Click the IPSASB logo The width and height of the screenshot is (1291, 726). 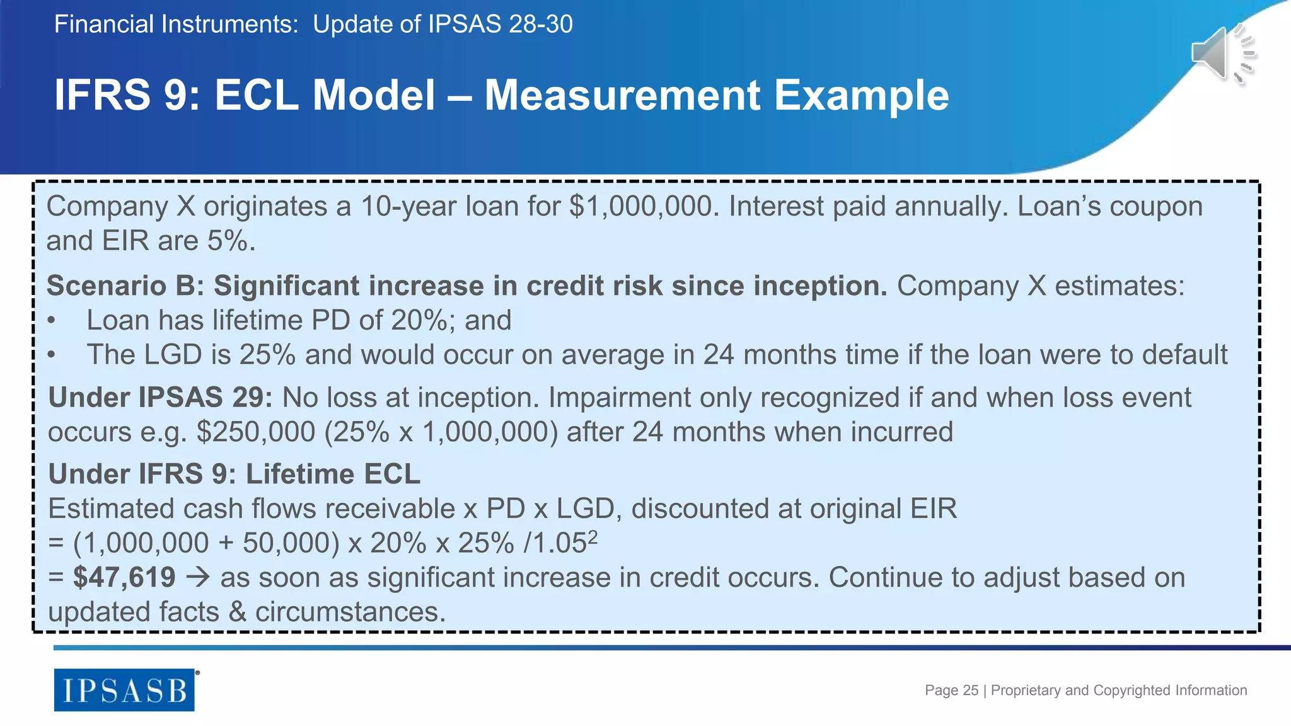coord(124,690)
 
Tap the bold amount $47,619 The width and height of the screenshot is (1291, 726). coord(124,577)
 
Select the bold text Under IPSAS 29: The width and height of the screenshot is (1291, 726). coord(160,398)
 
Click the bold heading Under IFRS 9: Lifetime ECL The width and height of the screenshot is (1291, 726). coord(234,474)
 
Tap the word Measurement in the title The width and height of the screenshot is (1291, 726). coord(622,96)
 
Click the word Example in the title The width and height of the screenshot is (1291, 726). coord(861,96)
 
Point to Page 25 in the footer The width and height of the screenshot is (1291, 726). coord(951,691)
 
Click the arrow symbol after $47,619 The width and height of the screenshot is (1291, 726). coord(198,578)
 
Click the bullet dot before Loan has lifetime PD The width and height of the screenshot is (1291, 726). coord(52,321)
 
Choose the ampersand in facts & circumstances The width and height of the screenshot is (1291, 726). coord(237,612)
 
